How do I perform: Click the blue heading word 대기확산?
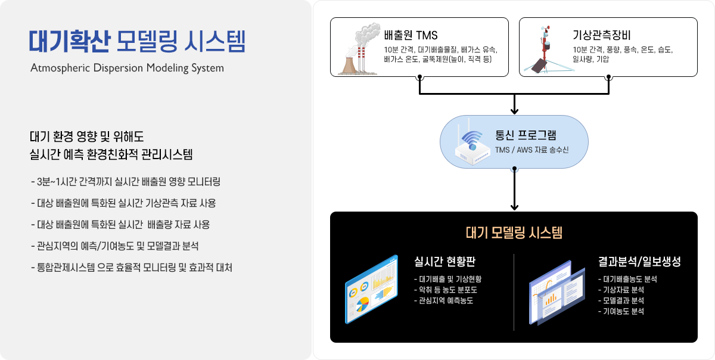(x=70, y=41)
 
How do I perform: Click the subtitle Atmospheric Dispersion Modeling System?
(x=127, y=68)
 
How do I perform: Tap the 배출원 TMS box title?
(x=411, y=35)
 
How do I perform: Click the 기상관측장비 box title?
(x=601, y=35)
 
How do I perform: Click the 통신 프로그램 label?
(x=526, y=135)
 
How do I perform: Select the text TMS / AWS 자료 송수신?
(x=531, y=150)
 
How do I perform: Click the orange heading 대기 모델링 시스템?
(x=514, y=232)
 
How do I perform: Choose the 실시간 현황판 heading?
(x=444, y=262)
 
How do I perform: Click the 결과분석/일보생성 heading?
(x=639, y=262)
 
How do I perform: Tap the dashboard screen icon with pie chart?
(x=372, y=290)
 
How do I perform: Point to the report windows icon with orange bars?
(x=557, y=293)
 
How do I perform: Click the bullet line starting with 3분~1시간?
(x=126, y=182)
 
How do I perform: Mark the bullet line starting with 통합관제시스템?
(x=132, y=268)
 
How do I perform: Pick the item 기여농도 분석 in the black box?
(x=621, y=311)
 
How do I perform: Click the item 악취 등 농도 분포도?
(x=446, y=290)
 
